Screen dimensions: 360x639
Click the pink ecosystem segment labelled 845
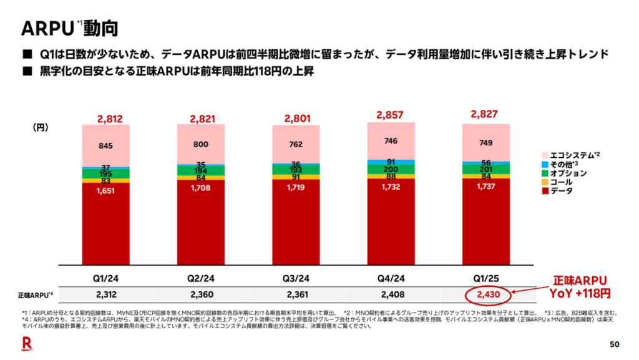(x=106, y=146)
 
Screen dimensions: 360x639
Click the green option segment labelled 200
(x=391, y=169)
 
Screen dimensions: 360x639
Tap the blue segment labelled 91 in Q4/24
(x=391, y=162)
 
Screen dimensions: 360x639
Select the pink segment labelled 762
(x=296, y=145)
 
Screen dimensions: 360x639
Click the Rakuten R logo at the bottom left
(x=27, y=342)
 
